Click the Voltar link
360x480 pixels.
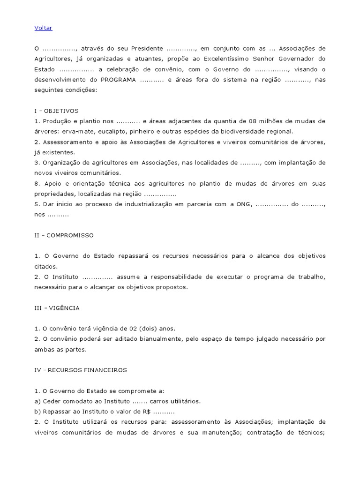coord(43,28)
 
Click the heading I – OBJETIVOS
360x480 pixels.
coord(57,111)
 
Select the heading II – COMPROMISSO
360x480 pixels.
coord(64,235)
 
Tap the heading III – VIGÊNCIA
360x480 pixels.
coord(57,308)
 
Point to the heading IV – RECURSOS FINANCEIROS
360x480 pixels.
coord(81,370)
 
